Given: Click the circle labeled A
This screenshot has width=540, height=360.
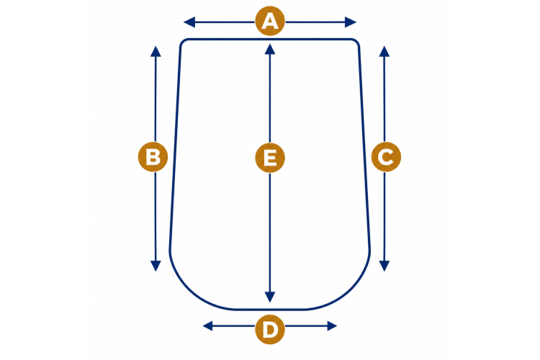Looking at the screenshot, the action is click(270, 21).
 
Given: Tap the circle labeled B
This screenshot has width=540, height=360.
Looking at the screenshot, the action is click(153, 157).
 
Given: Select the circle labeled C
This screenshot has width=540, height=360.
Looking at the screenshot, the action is click(386, 157).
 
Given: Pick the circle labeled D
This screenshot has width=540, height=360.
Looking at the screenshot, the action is click(270, 329).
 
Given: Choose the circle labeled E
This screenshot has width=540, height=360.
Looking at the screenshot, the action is click(270, 158).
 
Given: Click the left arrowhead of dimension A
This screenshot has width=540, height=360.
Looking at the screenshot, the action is click(189, 22).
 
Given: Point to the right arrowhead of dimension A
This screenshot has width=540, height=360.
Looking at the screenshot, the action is click(351, 22).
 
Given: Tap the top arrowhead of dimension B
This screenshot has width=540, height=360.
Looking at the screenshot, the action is click(156, 51).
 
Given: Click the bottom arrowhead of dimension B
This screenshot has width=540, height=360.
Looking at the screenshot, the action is click(156, 266).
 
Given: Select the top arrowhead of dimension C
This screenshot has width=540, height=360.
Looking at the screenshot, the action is click(384, 51).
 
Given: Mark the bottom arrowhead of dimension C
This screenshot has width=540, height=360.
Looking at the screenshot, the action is click(384, 266).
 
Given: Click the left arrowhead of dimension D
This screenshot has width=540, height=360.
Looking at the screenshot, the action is click(207, 326).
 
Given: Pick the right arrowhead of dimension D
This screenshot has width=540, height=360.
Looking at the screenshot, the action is click(332, 326).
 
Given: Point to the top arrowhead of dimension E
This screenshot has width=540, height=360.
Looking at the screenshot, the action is click(270, 49).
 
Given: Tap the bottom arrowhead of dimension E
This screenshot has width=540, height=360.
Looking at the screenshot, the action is click(270, 297).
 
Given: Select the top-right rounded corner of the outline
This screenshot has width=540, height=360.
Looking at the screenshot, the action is click(357, 41).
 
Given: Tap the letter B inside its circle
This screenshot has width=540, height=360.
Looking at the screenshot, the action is click(153, 157).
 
